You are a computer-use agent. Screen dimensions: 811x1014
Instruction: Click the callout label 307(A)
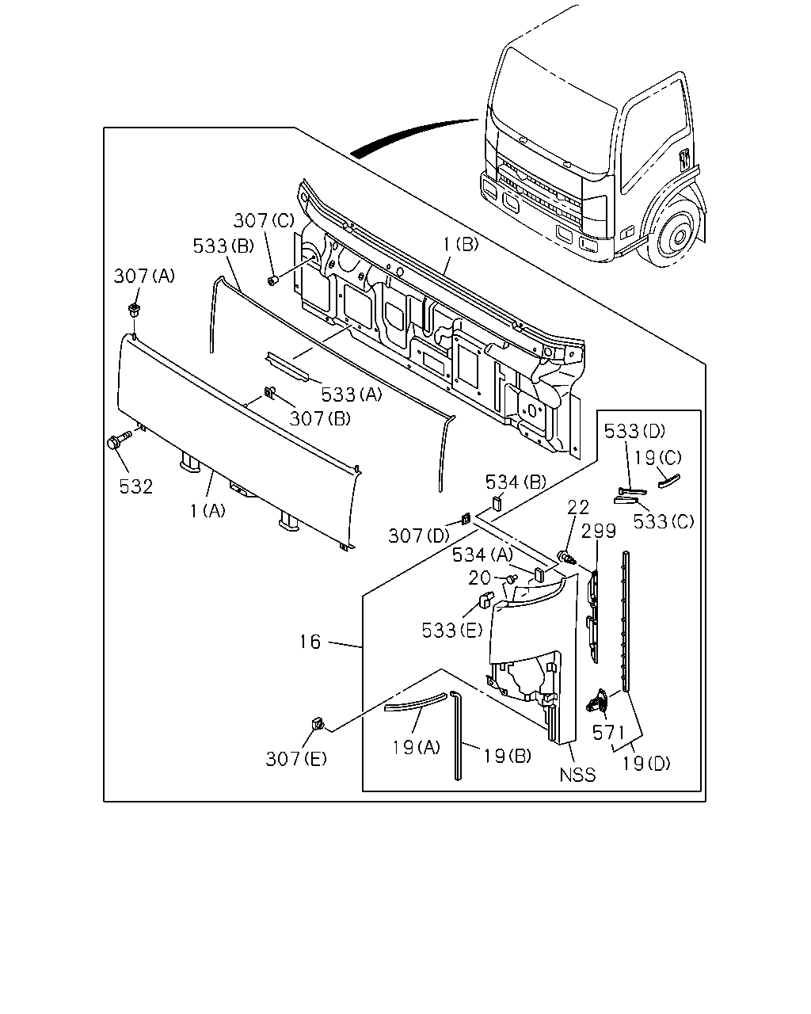tap(144, 276)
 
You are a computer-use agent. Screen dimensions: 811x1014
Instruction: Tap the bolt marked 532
tap(118, 440)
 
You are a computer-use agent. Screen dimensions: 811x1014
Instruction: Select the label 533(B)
tap(223, 246)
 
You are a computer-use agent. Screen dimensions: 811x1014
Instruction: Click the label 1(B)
tap(460, 244)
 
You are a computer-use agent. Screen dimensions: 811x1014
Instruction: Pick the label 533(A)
tap(352, 395)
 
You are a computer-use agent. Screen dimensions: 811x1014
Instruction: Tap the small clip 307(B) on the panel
tap(269, 392)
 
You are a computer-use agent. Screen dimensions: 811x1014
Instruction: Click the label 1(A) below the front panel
tap(208, 510)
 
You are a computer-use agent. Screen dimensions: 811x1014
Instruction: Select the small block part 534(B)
tap(497, 503)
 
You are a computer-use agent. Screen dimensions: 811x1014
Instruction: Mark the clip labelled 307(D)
tap(465, 519)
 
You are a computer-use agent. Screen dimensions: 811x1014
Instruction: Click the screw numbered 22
tap(567, 558)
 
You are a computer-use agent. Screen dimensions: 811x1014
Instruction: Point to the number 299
tap(599, 531)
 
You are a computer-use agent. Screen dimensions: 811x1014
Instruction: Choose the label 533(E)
tap(452, 631)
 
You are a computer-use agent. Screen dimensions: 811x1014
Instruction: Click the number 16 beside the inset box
tap(310, 642)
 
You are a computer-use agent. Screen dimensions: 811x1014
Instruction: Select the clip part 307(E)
tap(318, 723)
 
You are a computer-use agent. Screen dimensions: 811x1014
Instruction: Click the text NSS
tap(577, 775)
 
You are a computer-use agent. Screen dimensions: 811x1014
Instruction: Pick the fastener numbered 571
tap(597, 700)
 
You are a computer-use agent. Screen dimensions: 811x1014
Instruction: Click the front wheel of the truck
tap(674, 232)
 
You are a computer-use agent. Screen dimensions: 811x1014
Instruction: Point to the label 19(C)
tap(657, 457)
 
